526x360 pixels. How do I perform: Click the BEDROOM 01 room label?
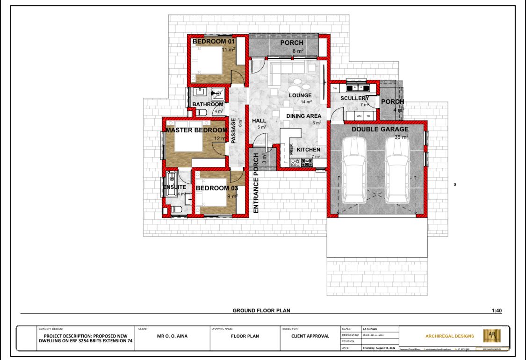214,42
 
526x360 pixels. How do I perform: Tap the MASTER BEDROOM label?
196,130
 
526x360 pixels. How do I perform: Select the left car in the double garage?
355,171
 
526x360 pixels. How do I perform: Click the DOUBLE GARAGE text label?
380,130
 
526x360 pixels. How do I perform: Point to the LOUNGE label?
300,95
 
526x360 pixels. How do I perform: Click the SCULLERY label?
354,98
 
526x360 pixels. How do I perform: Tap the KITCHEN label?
309,150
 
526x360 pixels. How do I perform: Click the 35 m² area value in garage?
401,137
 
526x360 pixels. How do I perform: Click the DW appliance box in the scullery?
335,88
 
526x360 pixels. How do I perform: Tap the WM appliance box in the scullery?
359,115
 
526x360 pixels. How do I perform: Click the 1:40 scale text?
497,310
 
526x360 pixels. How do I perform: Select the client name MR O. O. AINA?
173,336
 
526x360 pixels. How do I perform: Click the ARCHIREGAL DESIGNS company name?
449,336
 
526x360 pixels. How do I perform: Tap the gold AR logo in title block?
491,335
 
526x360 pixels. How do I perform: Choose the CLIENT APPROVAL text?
310,336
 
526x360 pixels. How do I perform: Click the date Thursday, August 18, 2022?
379,347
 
